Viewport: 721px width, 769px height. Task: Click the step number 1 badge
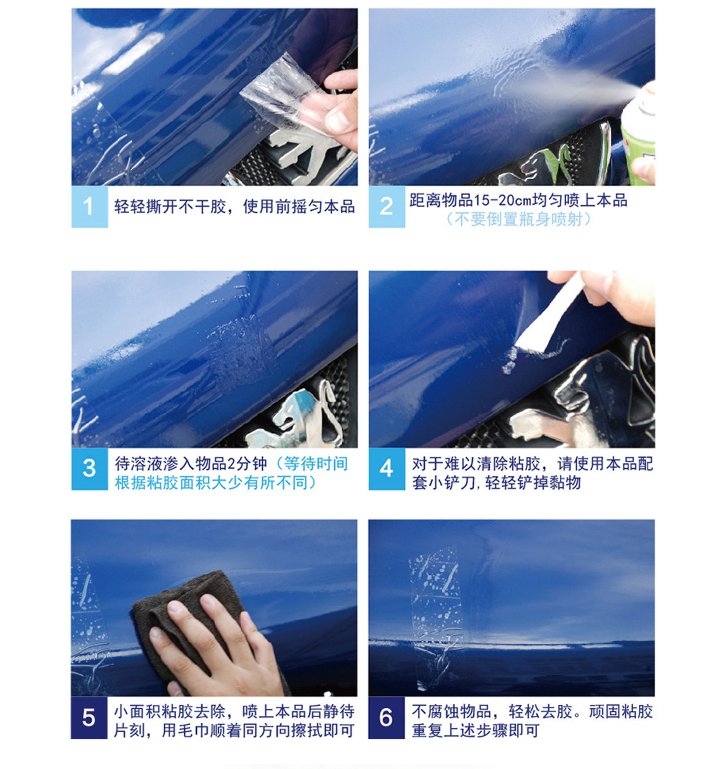point(89,207)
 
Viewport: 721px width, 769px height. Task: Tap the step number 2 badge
point(386,207)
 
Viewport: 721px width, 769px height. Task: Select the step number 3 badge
point(89,469)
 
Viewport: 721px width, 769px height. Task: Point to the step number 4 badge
point(386,469)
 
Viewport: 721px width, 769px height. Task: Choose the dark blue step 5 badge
point(89,718)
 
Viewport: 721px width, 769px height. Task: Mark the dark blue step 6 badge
point(386,718)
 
